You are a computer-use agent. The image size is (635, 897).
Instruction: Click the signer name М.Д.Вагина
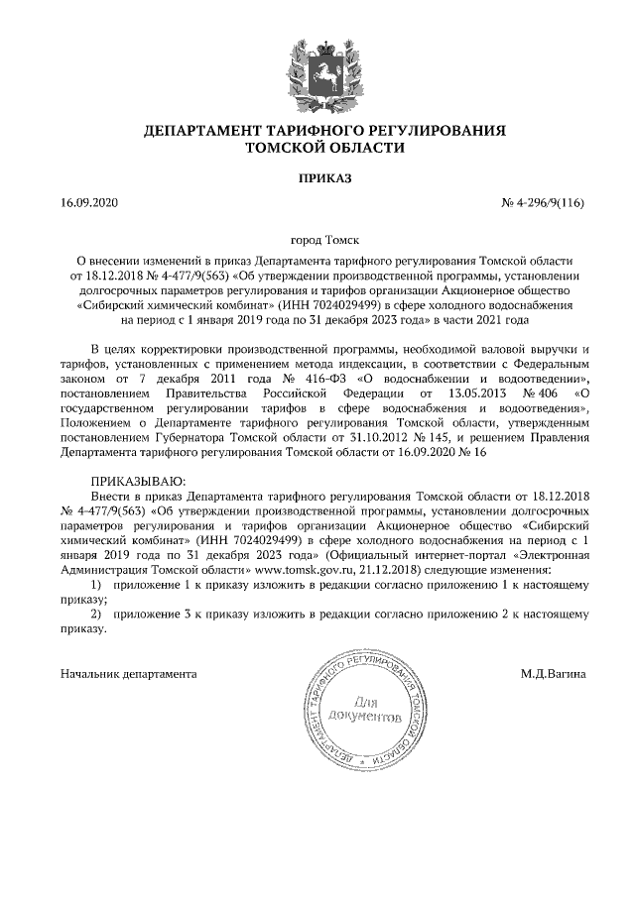coord(553,674)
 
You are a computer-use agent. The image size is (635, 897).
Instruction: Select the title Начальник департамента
coord(128,674)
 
